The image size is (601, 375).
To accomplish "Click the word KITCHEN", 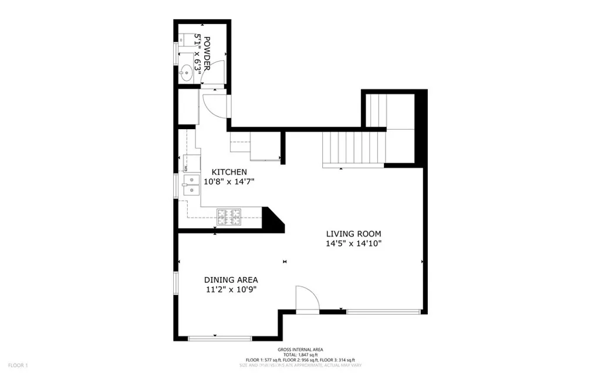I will pyautogui.click(x=229, y=172).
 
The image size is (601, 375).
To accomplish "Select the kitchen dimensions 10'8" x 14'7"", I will pyautogui.click(x=229, y=182).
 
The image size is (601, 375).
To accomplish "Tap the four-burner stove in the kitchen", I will pyautogui.click(x=229, y=217).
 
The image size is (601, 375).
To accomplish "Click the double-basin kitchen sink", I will pyautogui.click(x=190, y=185).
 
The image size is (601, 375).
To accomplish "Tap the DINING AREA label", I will pyautogui.click(x=231, y=280).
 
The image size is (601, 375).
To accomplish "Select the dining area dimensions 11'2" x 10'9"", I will pyautogui.click(x=231, y=290).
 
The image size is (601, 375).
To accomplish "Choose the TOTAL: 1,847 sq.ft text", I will pyautogui.click(x=300, y=354).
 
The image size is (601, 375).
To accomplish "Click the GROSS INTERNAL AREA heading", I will pyautogui.click(x=300, y=349).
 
